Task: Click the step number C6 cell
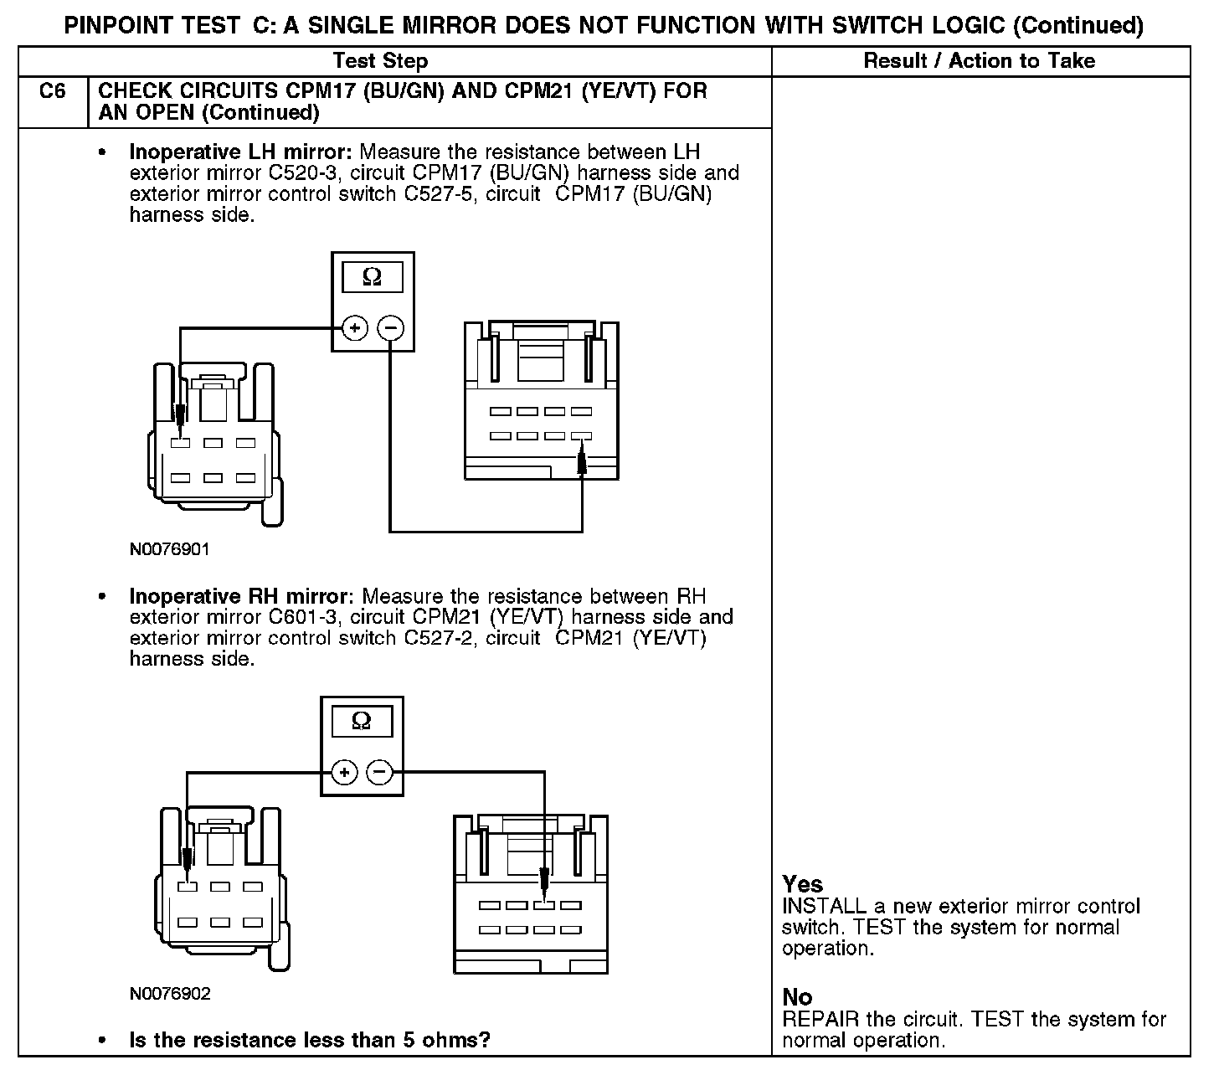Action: [52, 91]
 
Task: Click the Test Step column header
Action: [380, 61]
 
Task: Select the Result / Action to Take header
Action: [979, 61]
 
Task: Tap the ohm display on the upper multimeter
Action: [373, 277]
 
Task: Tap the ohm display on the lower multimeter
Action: [362, 721]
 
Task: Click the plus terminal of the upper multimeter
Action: [354, 327]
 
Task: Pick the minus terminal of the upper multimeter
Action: [390, 327]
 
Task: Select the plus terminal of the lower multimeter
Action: [344, 772]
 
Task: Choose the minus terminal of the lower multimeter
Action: [380, 772]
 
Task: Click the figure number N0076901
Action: [169, 550]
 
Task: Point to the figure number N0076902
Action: [170, 994]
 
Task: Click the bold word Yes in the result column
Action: [802, 884]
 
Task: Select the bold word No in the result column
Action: [797, 997]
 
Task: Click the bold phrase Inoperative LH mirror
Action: [242, 152]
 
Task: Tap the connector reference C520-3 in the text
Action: [301, 173]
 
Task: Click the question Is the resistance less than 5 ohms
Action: [310, 1040]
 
